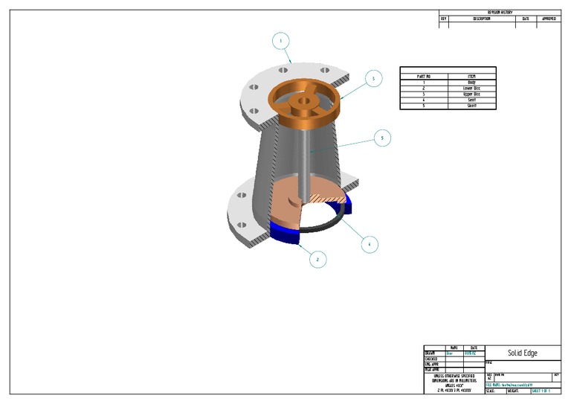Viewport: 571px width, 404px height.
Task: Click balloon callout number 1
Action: (280, 41)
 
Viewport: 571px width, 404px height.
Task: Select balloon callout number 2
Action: (317, 259)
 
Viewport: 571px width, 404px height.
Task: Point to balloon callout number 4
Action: (369, 243)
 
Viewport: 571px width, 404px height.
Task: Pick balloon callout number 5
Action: (381, 138)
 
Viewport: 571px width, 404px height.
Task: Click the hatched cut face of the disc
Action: (328, 198)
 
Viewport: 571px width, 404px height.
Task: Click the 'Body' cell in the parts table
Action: (471, 82)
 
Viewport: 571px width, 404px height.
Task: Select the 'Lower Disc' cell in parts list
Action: (471, 88)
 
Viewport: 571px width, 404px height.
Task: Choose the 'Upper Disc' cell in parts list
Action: (471, 94)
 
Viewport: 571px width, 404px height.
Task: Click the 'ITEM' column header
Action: (471, 76)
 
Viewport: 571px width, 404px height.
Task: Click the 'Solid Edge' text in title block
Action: (522, 353)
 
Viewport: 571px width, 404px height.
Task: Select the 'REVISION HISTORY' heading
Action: (500, 13)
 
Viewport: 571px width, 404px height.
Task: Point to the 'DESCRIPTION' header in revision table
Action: (481, 19)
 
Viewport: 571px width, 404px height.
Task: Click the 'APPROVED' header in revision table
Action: (549, 19)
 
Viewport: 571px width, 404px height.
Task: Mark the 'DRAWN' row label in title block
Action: (431, 353)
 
